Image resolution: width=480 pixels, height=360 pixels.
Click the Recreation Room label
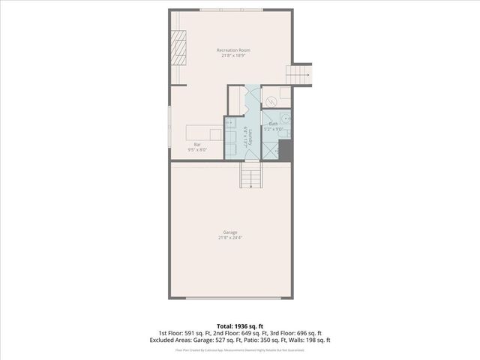(234, 50)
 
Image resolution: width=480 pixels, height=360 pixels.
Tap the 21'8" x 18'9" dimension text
(234, 56)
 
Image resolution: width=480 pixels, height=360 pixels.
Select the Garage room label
(229, 232)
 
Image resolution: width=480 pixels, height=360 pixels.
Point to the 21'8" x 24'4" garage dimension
(229, 238)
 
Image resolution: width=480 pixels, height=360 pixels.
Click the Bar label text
(197, 144)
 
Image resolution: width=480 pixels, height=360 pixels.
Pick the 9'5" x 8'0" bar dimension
(197, 150)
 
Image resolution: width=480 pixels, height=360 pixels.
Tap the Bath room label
(274, 123)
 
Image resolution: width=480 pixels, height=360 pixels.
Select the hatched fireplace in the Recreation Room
(178, 50)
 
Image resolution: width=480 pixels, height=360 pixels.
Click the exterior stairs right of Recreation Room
(298, 74)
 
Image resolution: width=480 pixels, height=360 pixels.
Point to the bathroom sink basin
(286, 118)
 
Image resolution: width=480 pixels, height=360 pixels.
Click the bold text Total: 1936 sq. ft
(239, 326)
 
